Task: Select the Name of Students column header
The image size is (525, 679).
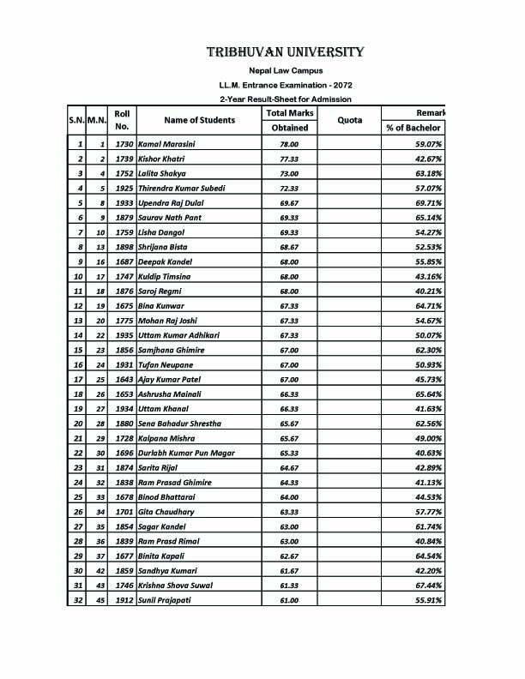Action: [199, 120]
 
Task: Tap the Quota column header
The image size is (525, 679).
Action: [349, 120]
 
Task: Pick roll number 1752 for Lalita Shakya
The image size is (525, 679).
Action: [124, 174]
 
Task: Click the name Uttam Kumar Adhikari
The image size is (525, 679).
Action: [178, 334]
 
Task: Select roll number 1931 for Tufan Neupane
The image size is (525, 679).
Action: [124, 364]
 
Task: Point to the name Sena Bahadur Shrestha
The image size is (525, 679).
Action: [179, 423]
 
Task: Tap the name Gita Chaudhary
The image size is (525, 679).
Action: [166, 511]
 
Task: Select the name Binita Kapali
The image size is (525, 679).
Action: [161, 555]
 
